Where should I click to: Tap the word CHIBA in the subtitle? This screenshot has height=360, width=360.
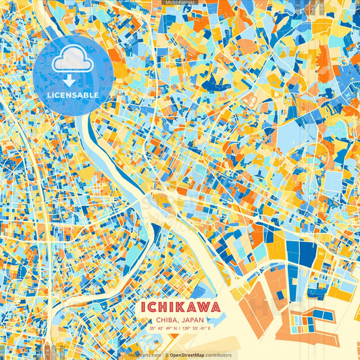(167, 320)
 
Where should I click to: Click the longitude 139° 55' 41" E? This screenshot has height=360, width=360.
(197, 328)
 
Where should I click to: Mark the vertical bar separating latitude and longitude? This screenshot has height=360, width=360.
(180, 328)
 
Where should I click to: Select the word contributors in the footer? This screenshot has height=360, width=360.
(218, 355)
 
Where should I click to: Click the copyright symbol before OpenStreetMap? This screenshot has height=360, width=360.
(166, 355)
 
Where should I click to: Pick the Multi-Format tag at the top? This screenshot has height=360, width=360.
(180, 3)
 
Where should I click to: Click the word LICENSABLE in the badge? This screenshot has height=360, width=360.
(73, 95)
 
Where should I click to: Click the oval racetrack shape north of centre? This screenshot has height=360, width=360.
(249, 100)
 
